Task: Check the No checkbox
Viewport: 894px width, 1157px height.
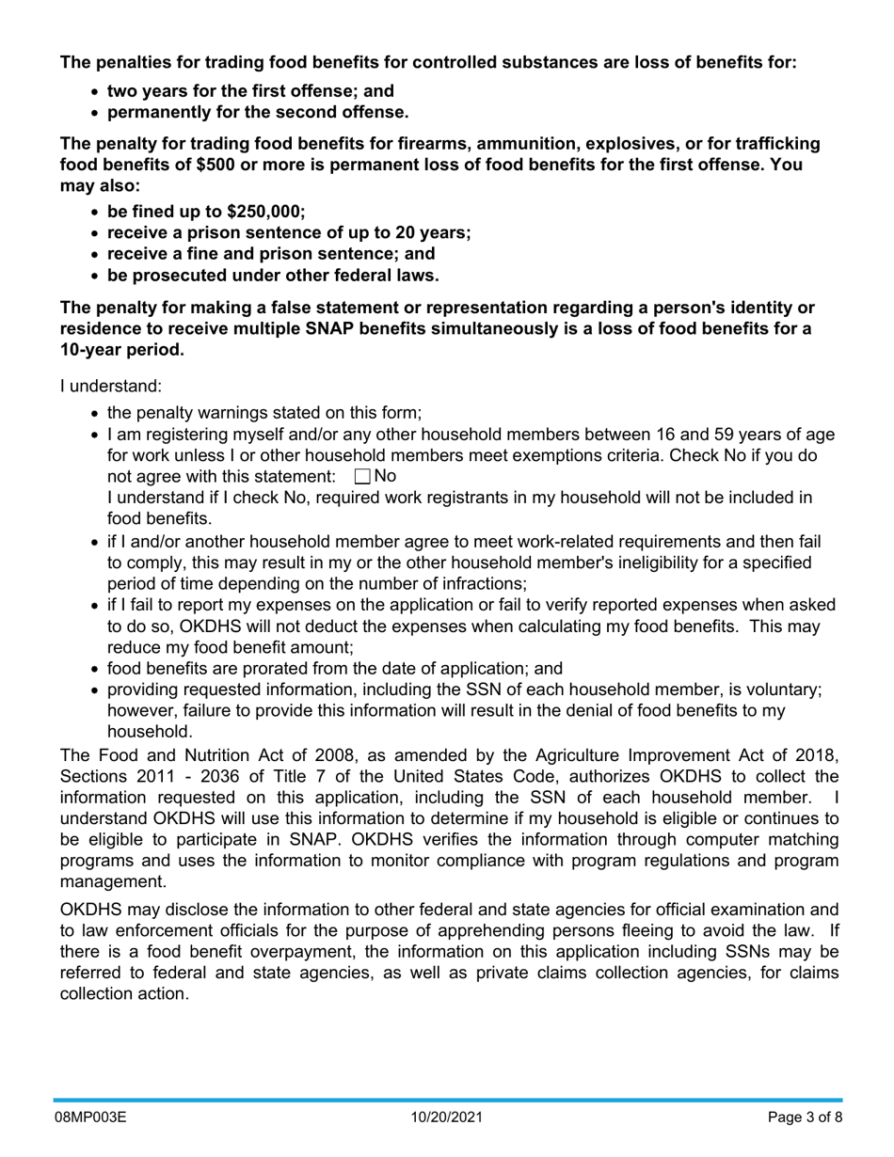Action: [x=362, y=477]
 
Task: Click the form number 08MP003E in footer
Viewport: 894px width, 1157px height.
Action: [x=89, y=1118]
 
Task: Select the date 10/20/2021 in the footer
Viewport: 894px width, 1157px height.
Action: [x=447, y=1118]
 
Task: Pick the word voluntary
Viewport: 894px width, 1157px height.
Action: [x=780, y=689]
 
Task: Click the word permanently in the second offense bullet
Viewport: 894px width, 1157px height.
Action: [x=163, y=113]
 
